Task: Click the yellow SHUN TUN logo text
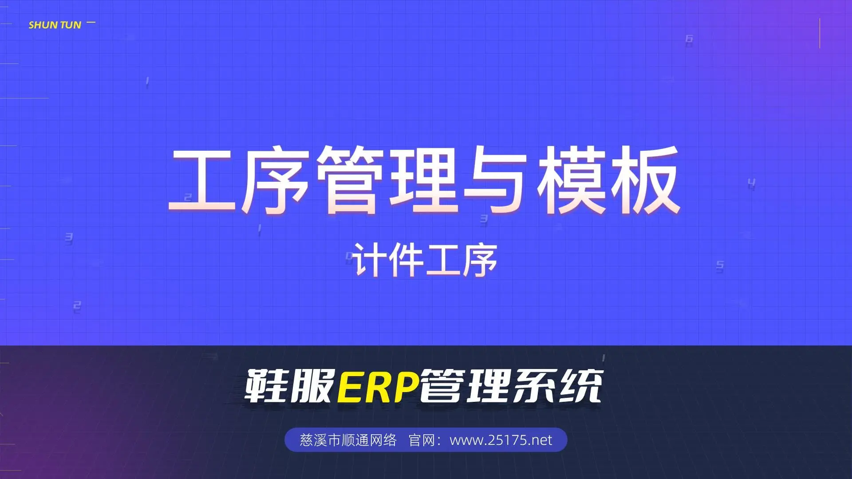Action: [x=55, y=25]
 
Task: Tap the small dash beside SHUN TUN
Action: [x=91, y=22]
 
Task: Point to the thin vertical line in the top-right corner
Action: [x=820, y=33]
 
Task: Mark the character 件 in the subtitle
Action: [x=406, y=260]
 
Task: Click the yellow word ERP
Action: [x=379, y=386]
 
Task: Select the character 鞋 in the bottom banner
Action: [x=267, y=386]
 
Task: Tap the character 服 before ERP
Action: [x=312, y=386]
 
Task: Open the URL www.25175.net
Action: [x=501, y=440]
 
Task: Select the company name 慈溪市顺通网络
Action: [x=348, y=440]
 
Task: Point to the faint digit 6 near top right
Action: [x=689, y=39]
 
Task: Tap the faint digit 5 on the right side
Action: [x=720, y=266]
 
